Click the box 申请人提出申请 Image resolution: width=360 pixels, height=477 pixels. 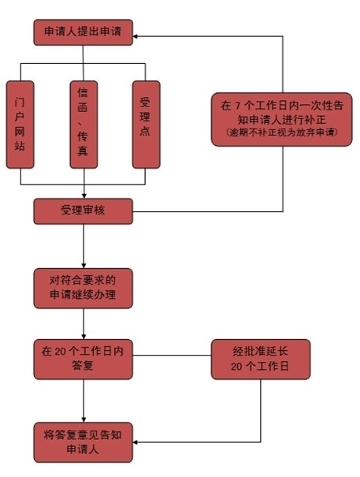coord(83,32)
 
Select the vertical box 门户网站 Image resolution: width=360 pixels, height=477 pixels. coord(20,125)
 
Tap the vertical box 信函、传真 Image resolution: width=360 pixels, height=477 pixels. coord(84,125)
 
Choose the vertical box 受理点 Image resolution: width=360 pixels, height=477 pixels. coord(146,125)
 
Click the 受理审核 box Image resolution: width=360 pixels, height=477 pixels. coord(83,211)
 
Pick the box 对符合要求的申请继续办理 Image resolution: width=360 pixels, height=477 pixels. coord(83,288)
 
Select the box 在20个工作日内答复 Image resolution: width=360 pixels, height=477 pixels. coord(83,360)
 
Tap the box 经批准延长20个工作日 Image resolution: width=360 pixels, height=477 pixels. coord(261,360)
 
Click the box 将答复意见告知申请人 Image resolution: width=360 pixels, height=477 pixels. coord(83,442)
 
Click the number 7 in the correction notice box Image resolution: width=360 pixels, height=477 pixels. coord(237,106)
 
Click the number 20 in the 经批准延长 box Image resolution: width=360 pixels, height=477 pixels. coord(236,367)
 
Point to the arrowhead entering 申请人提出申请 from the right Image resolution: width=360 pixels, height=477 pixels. coord(135,36)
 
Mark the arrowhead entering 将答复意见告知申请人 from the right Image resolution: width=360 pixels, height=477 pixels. coord(135,442)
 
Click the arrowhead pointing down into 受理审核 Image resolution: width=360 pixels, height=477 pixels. coord(84,196)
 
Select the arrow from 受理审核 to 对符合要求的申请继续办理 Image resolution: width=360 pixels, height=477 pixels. coord(84,246)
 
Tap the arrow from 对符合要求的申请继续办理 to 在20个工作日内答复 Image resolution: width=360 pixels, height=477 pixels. coord(84,324)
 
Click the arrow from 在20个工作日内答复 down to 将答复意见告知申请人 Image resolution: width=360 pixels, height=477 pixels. coord(84,401)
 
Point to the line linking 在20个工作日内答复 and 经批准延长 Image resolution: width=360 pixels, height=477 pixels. coord(172,355)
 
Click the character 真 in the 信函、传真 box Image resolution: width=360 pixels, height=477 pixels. coord(83,151)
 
